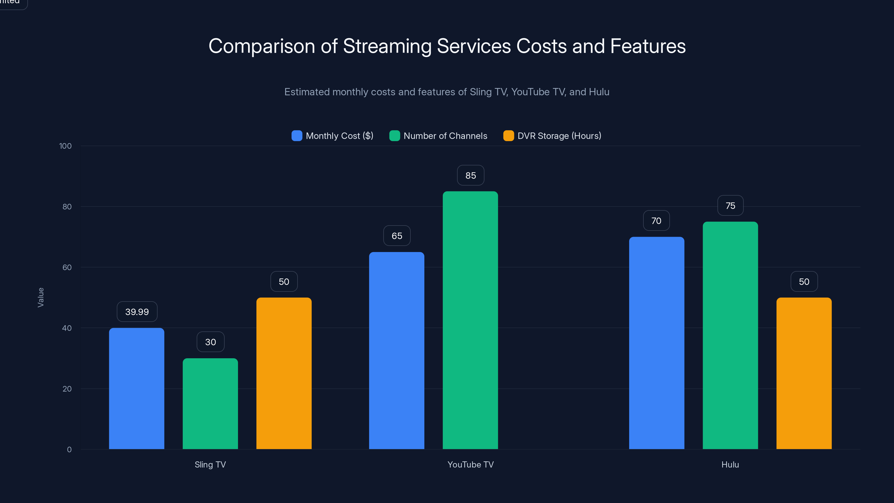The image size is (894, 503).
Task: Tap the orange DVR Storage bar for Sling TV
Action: [284, 373]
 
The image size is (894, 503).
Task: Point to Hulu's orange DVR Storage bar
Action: [804, 373]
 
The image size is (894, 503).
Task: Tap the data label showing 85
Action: [470, 175]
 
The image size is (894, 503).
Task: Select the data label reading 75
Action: [730, 205]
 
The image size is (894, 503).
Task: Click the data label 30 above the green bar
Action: [210, 342]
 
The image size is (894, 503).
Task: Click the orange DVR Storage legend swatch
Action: [508, 136]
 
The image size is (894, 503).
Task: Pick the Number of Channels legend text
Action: [445, 136]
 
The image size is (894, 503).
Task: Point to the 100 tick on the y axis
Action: [65, 146]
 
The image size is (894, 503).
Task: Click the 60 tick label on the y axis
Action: [67, 267]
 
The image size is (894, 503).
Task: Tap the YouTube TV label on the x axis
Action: [470, 464]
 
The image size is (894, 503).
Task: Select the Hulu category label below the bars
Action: [730, 464]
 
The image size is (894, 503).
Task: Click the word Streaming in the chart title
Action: [387, 46]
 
